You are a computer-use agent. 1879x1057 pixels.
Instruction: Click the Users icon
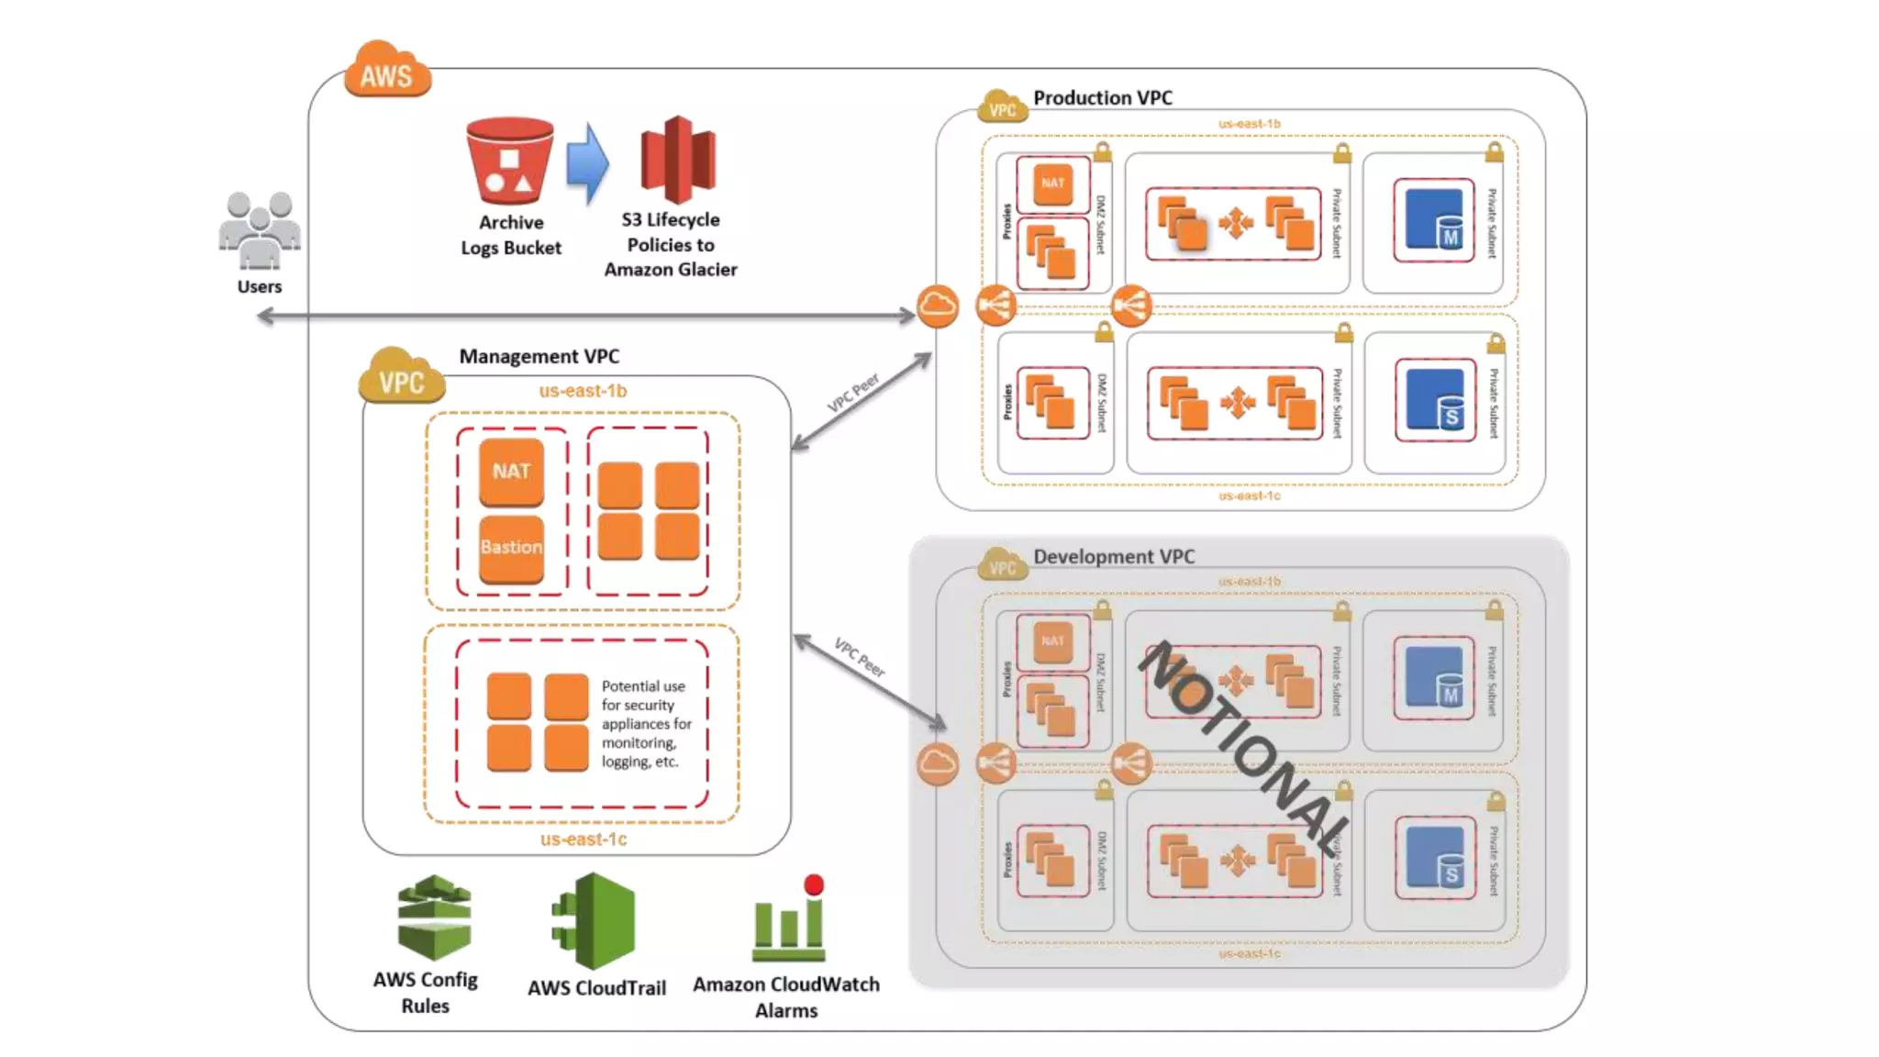click(x=260, y=230)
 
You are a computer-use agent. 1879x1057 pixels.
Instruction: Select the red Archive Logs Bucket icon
click(x=509, y=160)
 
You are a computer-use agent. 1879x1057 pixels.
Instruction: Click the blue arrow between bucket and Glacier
click(x=587, y=163)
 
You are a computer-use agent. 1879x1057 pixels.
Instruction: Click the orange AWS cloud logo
click(x=387, y=72)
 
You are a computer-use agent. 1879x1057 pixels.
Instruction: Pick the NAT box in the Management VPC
click(x=511, y=472)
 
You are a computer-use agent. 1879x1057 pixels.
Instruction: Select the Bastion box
click(x=511, y=548)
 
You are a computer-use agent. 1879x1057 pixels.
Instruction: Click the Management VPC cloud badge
click(x=401, y=378)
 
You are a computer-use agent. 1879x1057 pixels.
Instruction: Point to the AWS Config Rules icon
click(x=434, y=917)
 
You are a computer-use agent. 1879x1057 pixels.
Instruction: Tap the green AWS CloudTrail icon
click(x=595, y=921)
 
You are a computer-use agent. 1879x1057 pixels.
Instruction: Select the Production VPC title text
click(x=1102, y=97)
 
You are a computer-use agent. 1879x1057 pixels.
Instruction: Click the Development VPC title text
click(x=1113, y=556)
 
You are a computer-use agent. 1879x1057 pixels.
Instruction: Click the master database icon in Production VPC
click(x=1434, y=220)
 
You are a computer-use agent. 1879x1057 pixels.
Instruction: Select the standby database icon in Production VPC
click(x=1435, y=400)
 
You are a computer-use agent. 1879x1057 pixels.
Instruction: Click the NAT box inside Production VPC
click(x=1052, y=184)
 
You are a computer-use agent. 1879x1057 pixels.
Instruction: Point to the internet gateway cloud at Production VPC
click(x=937, y=306)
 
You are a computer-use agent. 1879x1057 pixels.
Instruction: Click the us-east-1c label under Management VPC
click(x=584, y=839)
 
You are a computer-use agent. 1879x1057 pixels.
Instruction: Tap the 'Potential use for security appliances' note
click(x=645, y=723)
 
